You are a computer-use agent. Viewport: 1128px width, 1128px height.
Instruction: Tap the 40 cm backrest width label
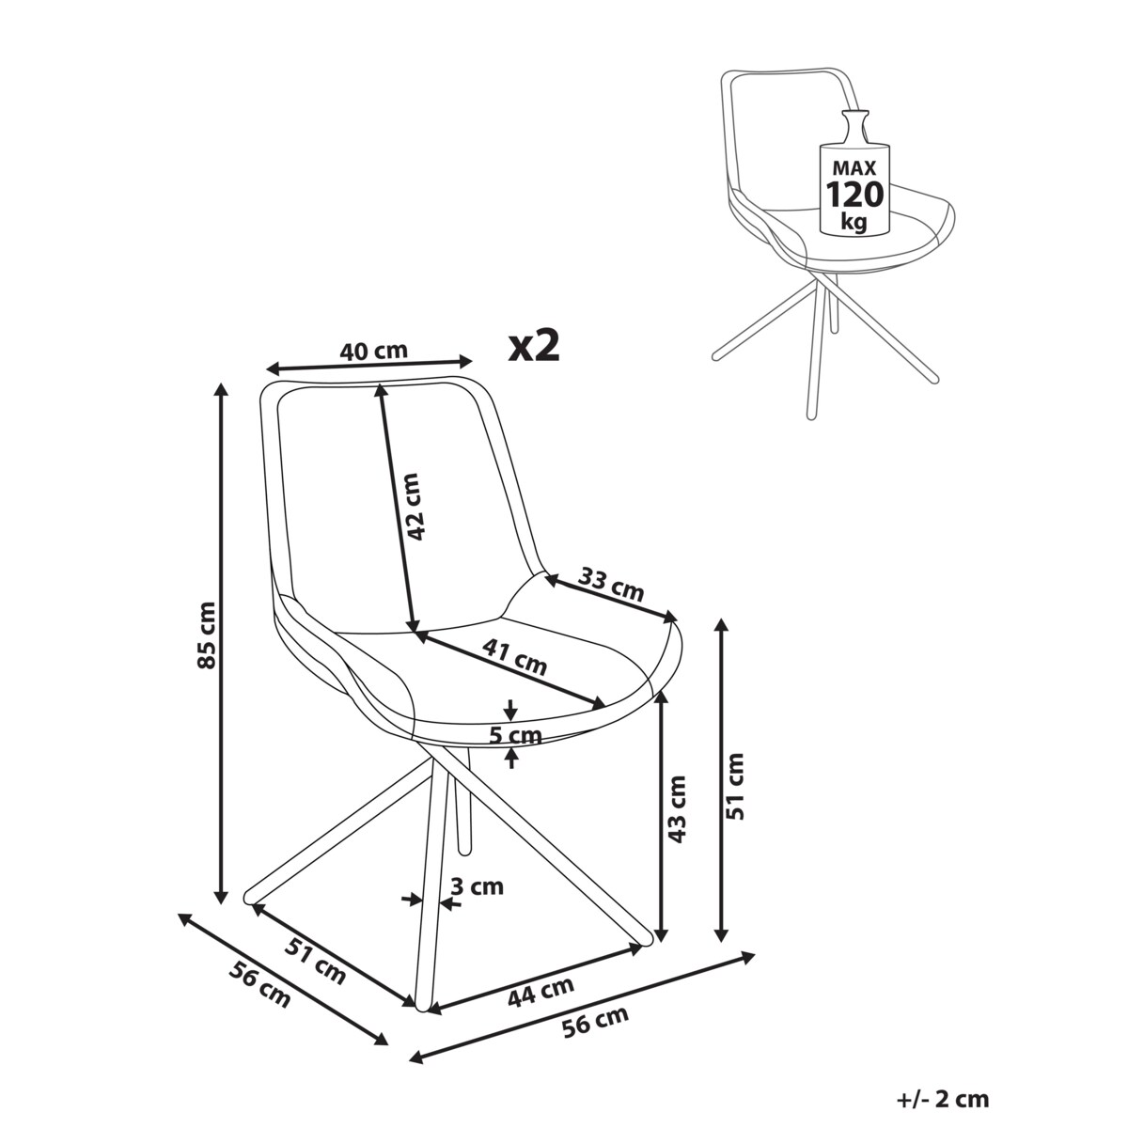pos(373,351)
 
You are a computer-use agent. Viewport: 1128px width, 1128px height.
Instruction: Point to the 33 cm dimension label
pos(611,584)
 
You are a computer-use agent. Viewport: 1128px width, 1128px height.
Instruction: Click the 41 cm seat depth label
pos(514,657)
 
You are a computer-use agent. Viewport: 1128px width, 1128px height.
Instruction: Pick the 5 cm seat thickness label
pos(516,735)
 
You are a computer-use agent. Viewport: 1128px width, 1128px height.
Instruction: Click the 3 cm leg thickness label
pos(478,886)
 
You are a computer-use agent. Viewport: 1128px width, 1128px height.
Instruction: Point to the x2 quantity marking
pos(534,346)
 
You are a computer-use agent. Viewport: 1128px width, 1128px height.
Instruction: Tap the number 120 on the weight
pos(854,195)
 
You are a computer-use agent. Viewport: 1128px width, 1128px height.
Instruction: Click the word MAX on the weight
pos(854,168)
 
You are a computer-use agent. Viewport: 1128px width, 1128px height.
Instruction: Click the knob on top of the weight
pos(854,124)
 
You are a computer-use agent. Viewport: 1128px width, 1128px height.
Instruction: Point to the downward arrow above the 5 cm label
pos(511,710)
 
